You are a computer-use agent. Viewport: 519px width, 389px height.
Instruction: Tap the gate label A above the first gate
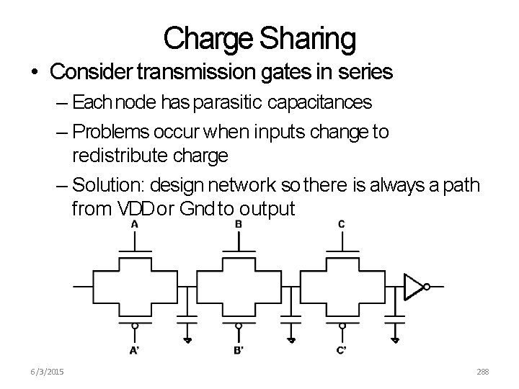point(135,224)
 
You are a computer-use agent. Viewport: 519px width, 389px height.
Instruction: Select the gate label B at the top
point(238,224)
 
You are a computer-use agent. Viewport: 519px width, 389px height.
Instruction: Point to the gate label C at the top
point(341,224)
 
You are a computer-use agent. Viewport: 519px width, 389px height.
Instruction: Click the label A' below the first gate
point(135,351)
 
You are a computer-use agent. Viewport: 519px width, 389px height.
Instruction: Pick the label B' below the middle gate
point(239,351)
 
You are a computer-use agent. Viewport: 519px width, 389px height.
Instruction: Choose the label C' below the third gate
point(342,351)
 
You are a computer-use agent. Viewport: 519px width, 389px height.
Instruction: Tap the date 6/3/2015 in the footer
point(46,371)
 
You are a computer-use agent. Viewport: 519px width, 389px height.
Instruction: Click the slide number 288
point(482,371)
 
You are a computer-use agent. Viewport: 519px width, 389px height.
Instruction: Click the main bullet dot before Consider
point(35,73)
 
